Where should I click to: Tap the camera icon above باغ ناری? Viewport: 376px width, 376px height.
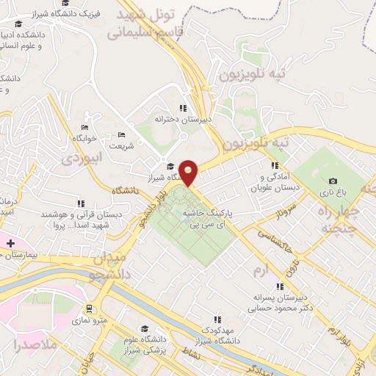coord(333,181)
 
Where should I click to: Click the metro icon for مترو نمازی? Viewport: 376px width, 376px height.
coord(89,308)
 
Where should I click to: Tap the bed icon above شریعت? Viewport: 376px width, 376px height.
coord(122,134)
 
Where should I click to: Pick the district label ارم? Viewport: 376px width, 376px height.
coord(258,273)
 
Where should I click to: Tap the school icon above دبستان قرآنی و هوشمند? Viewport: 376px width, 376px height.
coord(80,203)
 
